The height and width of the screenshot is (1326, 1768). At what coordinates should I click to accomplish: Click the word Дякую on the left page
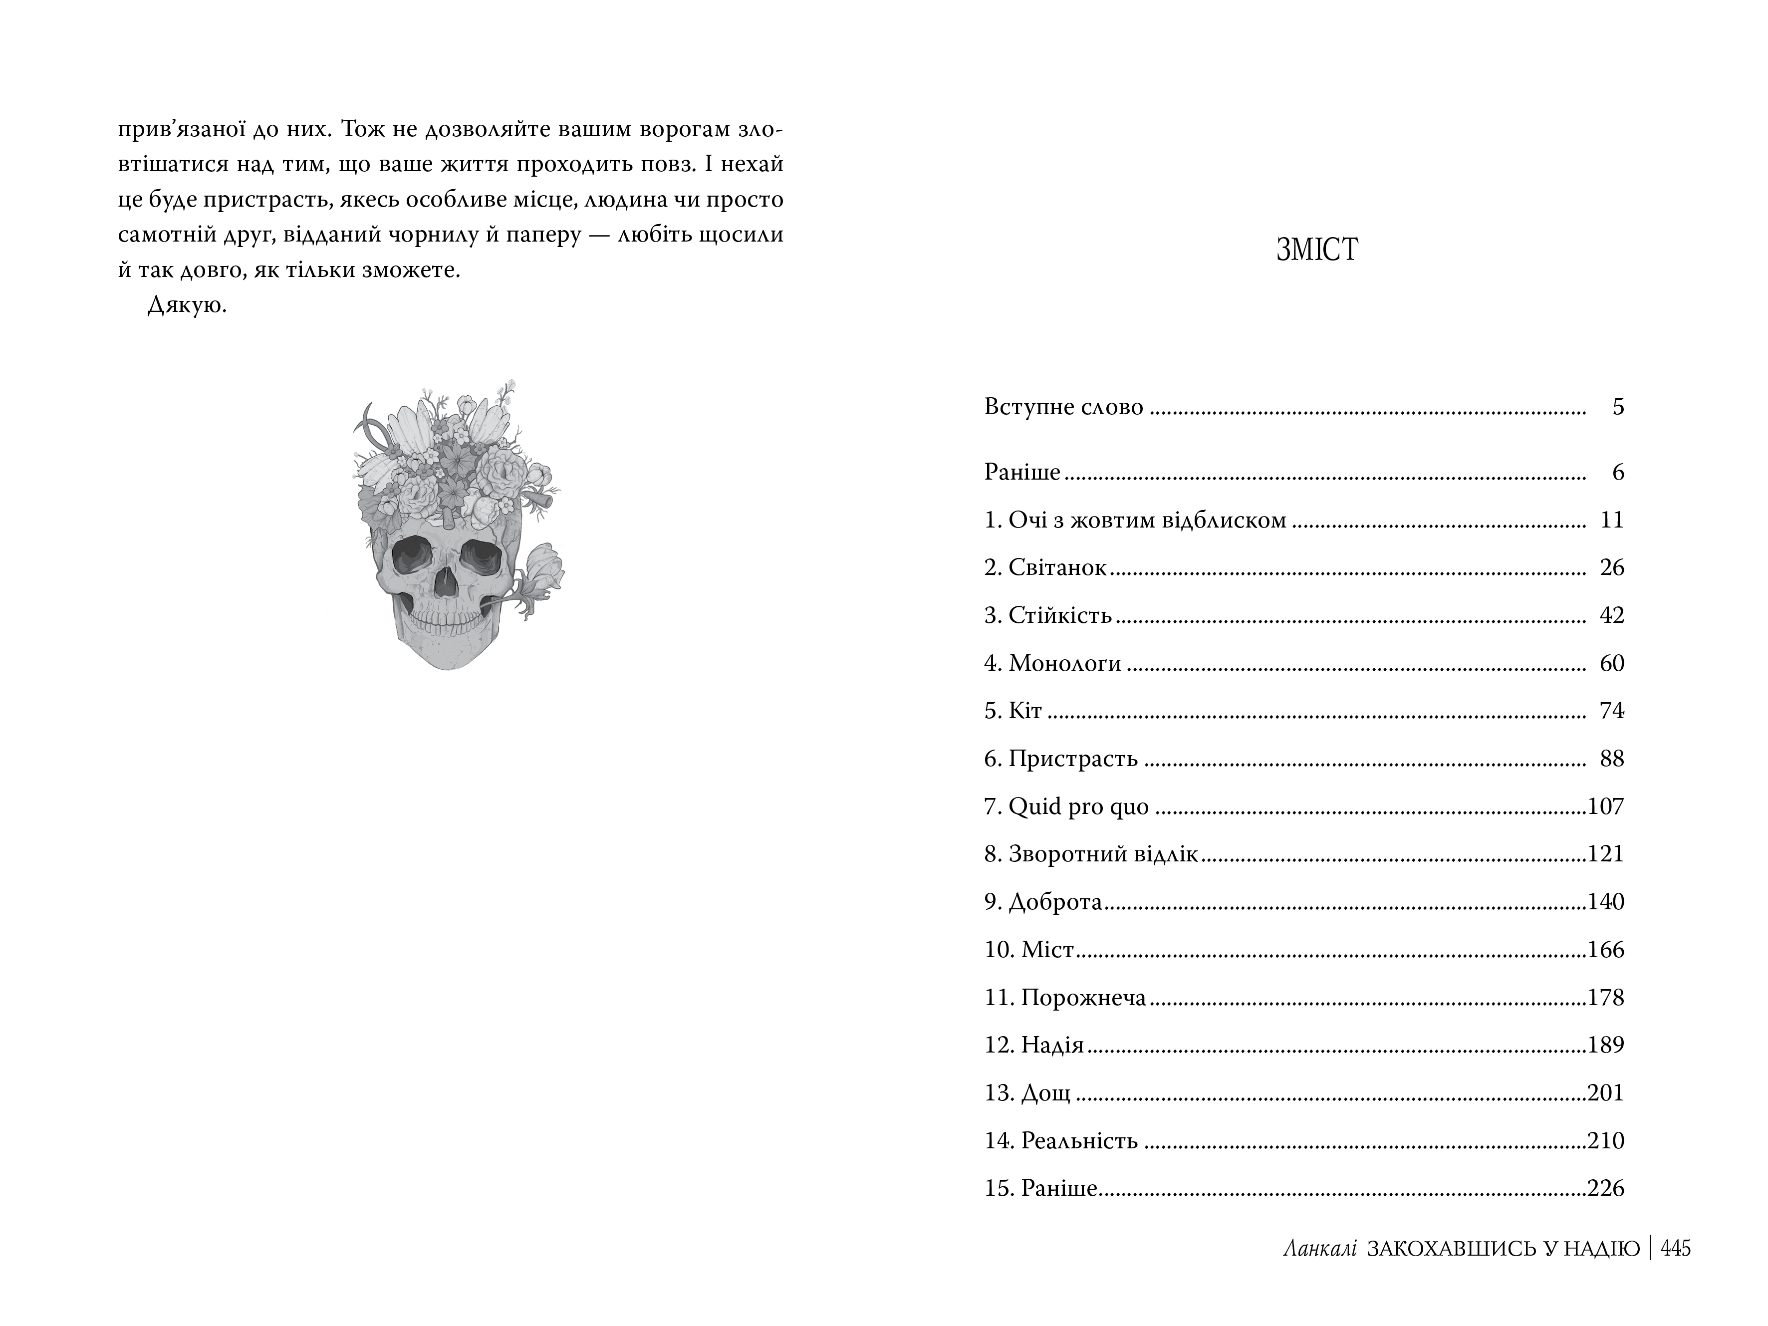(x=187, y=306)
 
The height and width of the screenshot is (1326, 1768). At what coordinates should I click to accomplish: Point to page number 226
(x=1606, y=1189)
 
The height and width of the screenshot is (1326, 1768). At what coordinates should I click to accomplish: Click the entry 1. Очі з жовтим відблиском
(x=1135, y=521)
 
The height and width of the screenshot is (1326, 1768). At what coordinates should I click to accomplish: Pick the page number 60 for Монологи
(x=1612, y=663)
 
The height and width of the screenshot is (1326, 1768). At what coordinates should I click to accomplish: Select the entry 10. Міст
(x=1028, y=950)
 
